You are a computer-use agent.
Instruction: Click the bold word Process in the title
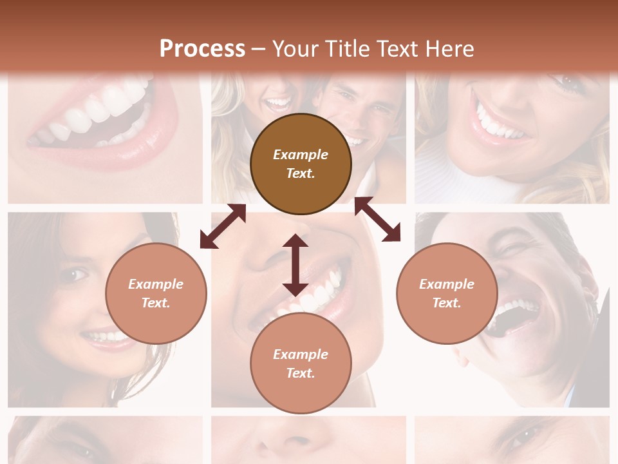click(x=202, y=48)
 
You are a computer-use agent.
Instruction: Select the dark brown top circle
click(x=301, y=164)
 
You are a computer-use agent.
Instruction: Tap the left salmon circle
click(x=156, y=293)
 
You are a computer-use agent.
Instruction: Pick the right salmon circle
click(x=447, y=293)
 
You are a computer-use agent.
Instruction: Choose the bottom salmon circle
click(x=301, y=363)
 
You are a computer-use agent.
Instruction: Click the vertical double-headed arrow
click(x=295, y=265)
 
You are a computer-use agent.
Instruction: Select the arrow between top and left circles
click(x=223, y=226)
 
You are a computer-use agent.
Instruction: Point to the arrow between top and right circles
click(x=377, y=219)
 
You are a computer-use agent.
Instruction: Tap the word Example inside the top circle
click(x=301, y=155)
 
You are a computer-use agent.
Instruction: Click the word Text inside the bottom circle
click(x=301, y=373)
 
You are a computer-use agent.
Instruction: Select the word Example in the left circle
click(x=156, y=284)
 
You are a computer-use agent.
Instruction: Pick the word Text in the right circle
click(x=447, y=303)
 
